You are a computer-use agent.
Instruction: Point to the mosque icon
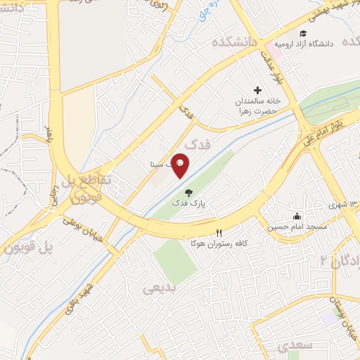pyautogui.click(x=297, y=216)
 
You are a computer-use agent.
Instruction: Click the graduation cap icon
pyautogui.click(x=303, y=33)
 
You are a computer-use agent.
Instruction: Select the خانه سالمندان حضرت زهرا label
pyautogui.click(x=257, y=105)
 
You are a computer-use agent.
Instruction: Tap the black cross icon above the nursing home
pyautogui.click(x=257, y=90)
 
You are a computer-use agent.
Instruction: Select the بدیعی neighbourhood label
pyautogui.click(x=159, y=288)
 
